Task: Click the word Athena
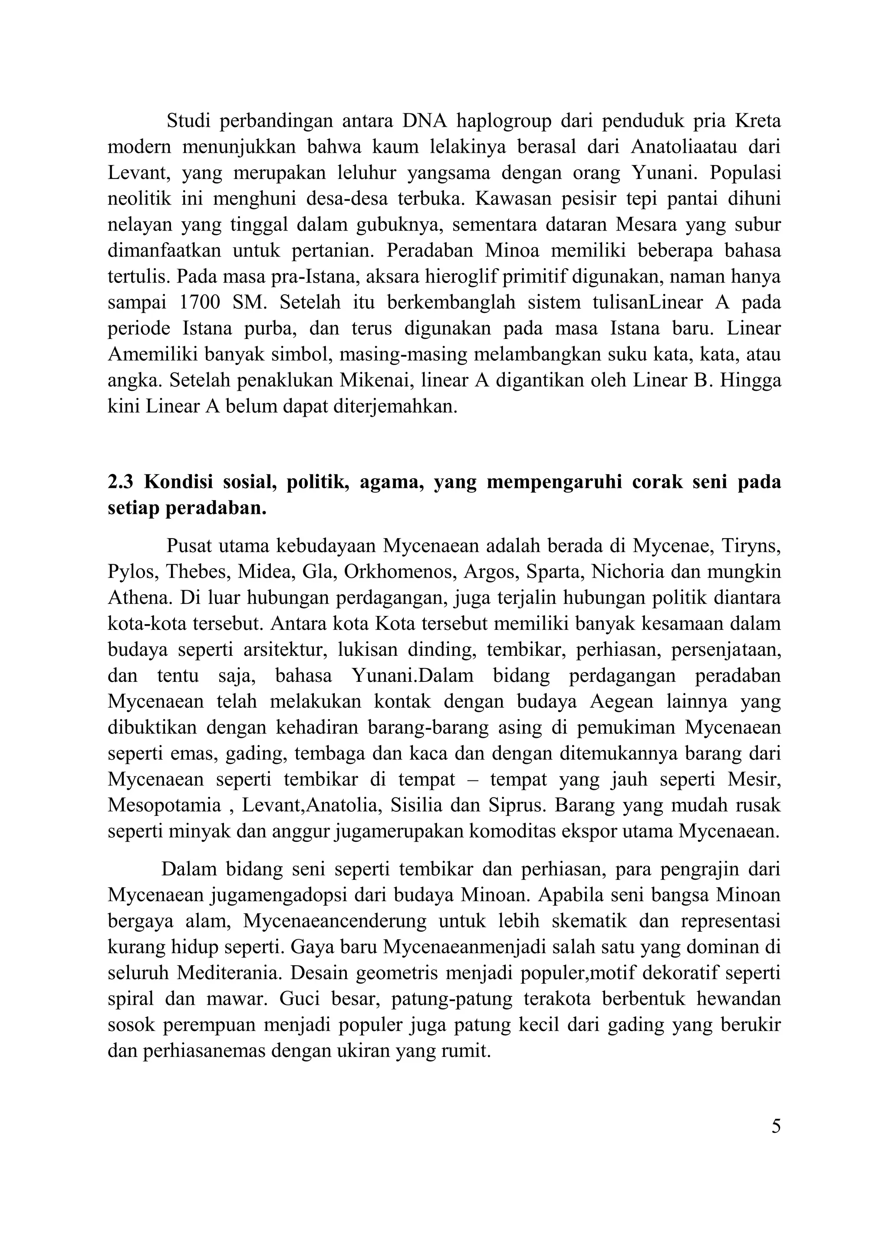pyautogui.click(x=138, y=597)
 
